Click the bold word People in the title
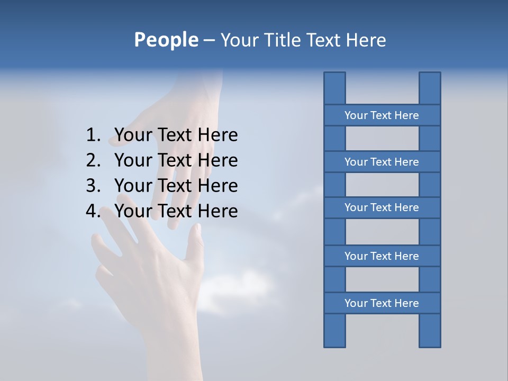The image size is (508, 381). pyautogui.click(x=166, y=40)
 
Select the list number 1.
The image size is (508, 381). pyautogui.click(x=93, y=135)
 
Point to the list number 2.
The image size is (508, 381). pyautogui.click(x=93, y=160)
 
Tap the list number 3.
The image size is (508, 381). pyautogui.click(x=93, y=186)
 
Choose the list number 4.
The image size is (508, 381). pyautogui.click(x=93, y=211)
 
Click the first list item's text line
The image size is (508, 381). pyautogui.click(x=176, y=135)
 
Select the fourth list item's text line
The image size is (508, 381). pyautogui.click(x=176, y=211)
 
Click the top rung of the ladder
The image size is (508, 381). pyautogui.click(x=382, y=115)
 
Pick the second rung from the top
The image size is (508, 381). pyautogui.click(x=382, y=162)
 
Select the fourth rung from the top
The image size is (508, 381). pyautogui.click(x=382, y=256)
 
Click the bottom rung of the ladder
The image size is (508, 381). pyautogui.click(x=382, y=303)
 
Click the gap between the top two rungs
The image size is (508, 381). pyautogui.click(x=382, y=139)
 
